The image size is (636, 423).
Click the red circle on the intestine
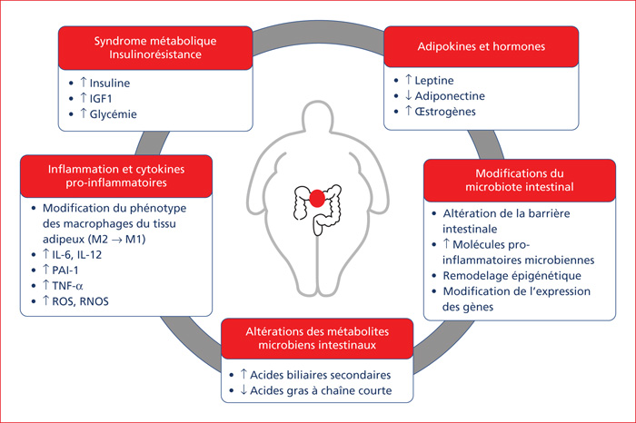317,198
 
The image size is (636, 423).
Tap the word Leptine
434,81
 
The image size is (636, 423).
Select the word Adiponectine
450,96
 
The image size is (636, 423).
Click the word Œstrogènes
445,112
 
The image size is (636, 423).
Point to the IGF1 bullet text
101,99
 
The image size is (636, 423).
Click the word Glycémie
114,114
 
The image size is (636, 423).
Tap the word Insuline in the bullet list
110,84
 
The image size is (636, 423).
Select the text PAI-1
65,271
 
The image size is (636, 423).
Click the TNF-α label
68,286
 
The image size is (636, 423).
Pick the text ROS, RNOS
80,301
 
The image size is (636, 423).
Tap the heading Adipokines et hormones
482,46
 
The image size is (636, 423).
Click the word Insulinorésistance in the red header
155,54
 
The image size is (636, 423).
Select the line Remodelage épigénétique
512,276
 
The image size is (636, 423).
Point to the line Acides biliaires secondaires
321,375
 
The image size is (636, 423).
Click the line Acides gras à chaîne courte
321,390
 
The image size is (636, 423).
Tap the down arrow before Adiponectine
409,95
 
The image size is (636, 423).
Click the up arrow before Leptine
409,80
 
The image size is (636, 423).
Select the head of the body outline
318,117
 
